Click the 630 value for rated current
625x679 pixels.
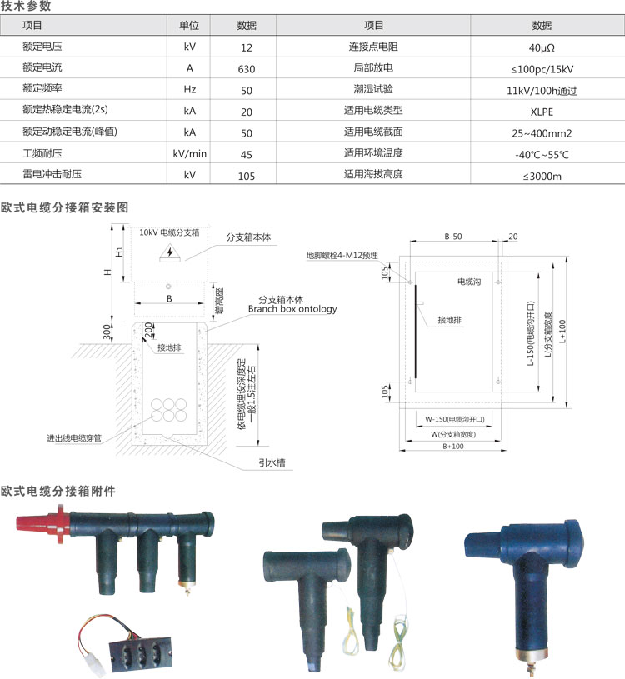pyautogui.click(x=247, y=69)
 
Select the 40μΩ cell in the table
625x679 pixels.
pyautogui.click(x=542, y=47)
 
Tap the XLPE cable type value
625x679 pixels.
pyautogui.click(x=542, y=112)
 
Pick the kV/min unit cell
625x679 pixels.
pyautogui.click(x=190, y=154)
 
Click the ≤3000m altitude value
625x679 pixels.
pyautogui.click(x=542, y=177)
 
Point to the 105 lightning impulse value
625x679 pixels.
pyautogui.click(x=247, y=176)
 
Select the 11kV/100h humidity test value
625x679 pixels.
pyautogui.click(x=542, y=91)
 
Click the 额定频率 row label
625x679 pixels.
pyautogui.click(x=42, y=88)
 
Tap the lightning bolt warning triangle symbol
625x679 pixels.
pyautogui.click(x=170, y=253)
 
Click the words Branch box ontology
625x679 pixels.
pyautogui.click(x=292, y=309)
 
